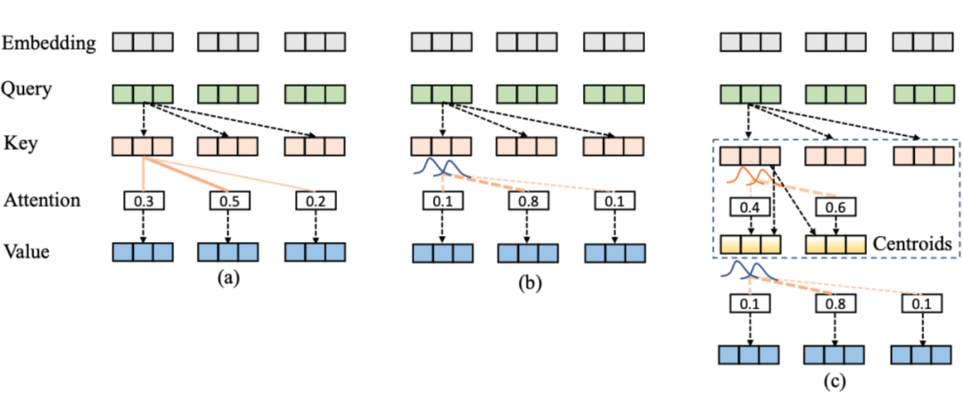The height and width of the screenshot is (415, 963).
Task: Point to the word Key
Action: click(19, 143)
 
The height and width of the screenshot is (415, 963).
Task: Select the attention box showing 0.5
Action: click(228, 201)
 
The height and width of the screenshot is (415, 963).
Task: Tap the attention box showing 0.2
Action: click(314, 201)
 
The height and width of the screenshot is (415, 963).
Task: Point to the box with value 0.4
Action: click(750, 207)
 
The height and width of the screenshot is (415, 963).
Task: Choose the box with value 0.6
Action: click(835, 207)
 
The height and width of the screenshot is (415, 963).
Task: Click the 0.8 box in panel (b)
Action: click(529, 201)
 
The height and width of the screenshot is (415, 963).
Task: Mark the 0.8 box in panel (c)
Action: click(835, 305)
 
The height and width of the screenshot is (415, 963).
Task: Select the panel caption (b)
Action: click(529, 285)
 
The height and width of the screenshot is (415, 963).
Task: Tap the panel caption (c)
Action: click(835, 384)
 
